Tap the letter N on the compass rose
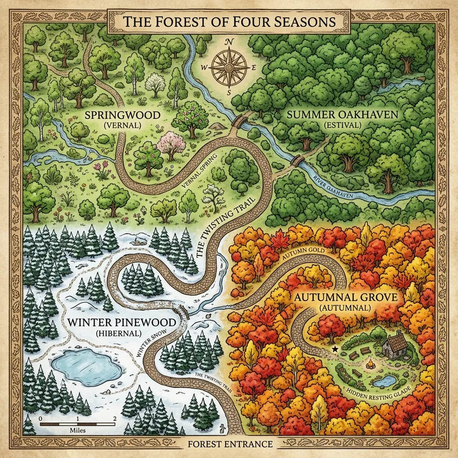[229, 42]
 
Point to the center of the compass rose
[229, 67]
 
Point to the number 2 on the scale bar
[115, 420]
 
